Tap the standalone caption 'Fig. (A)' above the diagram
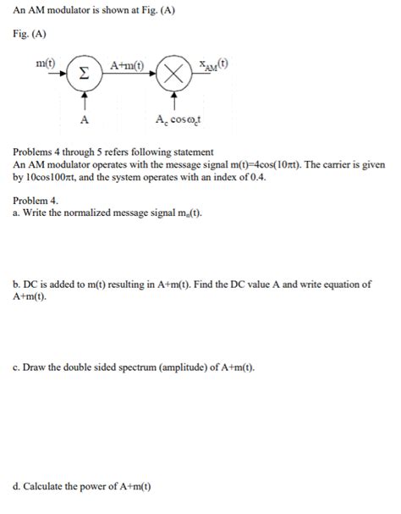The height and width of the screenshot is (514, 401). [30, 34]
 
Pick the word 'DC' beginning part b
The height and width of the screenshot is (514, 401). [32, 285]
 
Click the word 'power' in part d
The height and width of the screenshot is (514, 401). [105, 487]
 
